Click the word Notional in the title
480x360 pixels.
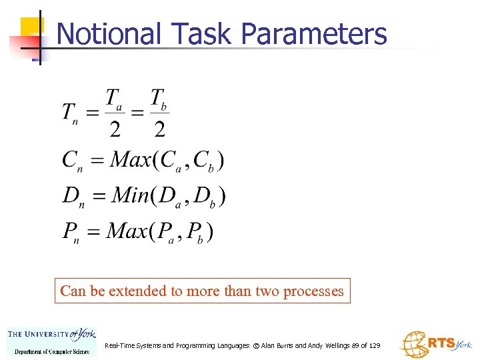[109, 34]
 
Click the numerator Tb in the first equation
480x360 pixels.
[159, 99]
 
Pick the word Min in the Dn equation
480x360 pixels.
[131, 195]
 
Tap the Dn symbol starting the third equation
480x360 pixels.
[71, 196]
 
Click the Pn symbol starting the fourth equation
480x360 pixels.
[70, 232]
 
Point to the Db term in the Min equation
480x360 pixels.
[206, 197]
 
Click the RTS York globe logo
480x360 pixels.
[435, 343]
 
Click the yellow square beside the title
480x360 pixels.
[31, 27]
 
